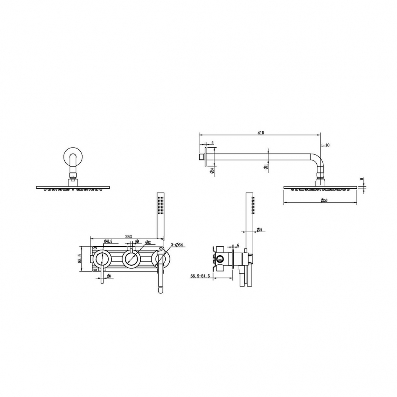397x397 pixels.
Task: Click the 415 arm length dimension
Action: point(261,132)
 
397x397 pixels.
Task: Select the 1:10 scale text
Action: point(325,145)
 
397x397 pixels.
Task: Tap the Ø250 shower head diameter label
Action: point(324,200)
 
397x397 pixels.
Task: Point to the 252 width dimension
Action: point(129,236)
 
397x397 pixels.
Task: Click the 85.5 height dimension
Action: point(79,259)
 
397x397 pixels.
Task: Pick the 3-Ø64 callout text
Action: point(176,245)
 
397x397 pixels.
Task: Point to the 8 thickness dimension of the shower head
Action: point(361,179)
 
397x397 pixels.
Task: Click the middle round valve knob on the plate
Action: point(130,259)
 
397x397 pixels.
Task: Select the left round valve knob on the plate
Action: point(102,259)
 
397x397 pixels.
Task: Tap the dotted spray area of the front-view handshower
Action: point(160,206)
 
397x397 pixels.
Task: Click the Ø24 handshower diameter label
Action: point(258,230)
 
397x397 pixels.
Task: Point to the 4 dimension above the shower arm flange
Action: point(213,143)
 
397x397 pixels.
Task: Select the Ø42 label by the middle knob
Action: point(147,242)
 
